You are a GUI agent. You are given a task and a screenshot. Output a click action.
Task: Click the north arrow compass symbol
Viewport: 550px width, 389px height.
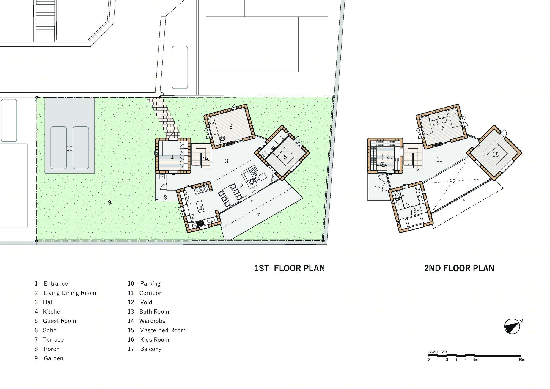pyautogui.click(x=512, y=327)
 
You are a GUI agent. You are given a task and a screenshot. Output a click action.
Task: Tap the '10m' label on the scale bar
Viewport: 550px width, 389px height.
pyautogui.click(x=521, y=360)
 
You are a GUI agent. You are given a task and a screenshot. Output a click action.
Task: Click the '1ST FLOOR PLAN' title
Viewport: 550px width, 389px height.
pyautogui.click(x=290, y=268)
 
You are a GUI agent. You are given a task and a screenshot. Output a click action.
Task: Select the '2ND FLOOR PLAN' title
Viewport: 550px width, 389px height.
pyautogui.click(x=459, y=268)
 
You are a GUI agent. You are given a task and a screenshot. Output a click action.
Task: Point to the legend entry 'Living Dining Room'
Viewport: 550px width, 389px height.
pyautogui.click(x=70, y=293)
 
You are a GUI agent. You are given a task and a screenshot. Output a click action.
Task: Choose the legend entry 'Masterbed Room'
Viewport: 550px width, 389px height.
pyautogui.click(x=162, y=330)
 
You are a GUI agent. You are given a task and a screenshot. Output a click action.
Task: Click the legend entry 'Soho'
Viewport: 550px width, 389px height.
pyautogui.click(x=50, y=330)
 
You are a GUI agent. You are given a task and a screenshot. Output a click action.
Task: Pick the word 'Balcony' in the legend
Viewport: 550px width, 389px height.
pyautogui.click(x=151, y=349)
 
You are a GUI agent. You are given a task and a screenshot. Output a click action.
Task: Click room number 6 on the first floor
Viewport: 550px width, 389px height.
pyautogui.click(x=231, y=127)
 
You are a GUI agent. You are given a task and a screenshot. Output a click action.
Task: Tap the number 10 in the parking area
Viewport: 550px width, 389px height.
pyautogui.click(x=69, y=149)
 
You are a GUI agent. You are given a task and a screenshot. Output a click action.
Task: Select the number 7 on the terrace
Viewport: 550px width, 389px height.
pyautogui.click(x=258, y=215)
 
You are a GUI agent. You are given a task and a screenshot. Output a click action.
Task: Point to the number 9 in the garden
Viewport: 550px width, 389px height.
pyautogui.click(x=109, y=202)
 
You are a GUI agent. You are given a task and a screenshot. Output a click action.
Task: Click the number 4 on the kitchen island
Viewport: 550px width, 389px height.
pyautogui.click(x=201, y=209)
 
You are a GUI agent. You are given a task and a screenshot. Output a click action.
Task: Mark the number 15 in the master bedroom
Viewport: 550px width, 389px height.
pyautogui.click(x=496, y=155)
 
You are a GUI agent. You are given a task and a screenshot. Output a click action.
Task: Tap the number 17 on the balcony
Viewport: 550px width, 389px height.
pyautogui.click(x=377, y=188)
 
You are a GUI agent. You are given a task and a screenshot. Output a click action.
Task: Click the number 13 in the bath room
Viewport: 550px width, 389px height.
pyautogui.click(x=413, y=213)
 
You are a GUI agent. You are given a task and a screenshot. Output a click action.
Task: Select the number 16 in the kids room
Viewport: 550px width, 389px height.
pyautogui.click(x=441, y=128)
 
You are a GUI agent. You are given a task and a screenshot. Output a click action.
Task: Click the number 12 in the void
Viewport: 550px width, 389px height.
pyautogui.click(x=453, y=182)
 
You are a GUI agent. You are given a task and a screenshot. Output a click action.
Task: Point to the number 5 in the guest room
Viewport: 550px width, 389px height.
pyautogui.click(x=285, y=157)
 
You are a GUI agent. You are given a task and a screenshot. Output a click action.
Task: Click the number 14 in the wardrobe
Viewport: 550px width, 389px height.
pyautogui.click(x=386, y=158)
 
